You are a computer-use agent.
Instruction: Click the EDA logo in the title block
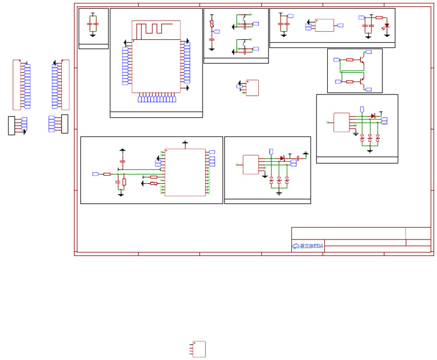coord(308,246)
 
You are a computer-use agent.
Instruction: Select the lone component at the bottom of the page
coord(199,349)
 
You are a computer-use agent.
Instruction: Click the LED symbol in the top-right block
coord(387,26)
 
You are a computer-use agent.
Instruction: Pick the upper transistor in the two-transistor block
coord(361,59)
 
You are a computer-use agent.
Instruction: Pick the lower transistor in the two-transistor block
coord(361,82)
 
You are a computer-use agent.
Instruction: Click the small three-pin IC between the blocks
coord(252,88)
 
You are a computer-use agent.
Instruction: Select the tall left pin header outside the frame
coord(17,85)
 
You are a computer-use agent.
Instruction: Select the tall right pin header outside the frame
coord(65,85)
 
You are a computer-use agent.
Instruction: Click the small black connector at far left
coord(11,125)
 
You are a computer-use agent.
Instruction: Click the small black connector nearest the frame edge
coord(65,123)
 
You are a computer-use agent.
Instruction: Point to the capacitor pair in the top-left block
coord(93,24)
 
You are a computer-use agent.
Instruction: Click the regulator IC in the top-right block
coord(324,26)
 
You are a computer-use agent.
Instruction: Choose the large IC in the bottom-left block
coord(185,172)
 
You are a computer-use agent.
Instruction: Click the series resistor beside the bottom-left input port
coord(107,174)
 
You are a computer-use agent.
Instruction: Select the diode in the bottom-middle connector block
coord(282,158)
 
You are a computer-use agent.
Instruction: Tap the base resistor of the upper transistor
coord(349,59)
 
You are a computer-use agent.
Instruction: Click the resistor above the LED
coord(379,18)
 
